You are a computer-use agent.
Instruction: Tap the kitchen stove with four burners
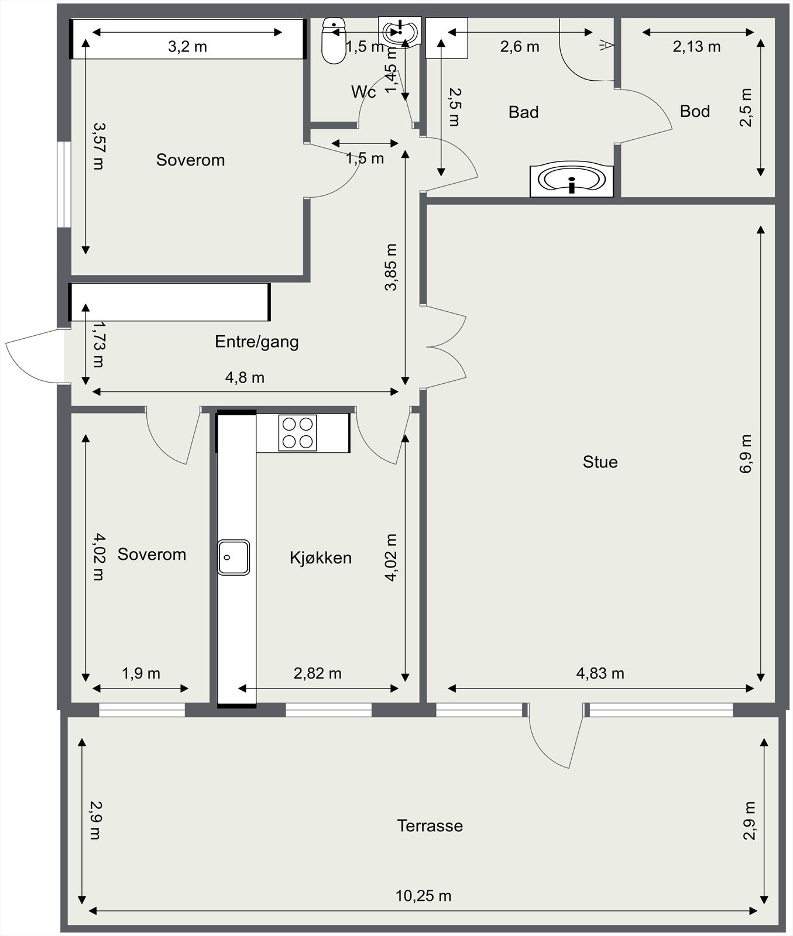(297, 432)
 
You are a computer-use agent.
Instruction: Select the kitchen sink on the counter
(234, 557)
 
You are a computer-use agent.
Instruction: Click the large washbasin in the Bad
(571, 180)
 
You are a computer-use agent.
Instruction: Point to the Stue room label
(600, 462)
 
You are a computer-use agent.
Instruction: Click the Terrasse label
(430, 826)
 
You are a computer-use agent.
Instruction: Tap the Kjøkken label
(321, 558)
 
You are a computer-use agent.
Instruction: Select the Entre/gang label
(257, 342)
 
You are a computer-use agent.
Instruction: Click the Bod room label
(695, 111)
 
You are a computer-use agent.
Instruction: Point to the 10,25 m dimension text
(423, 896)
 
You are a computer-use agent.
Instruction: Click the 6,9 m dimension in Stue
(746, 454)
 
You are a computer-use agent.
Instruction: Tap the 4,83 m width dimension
(600, 673)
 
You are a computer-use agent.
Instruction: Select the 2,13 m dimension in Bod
(696, 46)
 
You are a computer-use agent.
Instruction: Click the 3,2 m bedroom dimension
(187, 46)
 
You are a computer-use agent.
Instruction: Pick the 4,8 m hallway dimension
(245, 378)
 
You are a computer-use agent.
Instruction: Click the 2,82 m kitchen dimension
(317, 673)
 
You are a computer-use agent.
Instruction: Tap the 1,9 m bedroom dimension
(140, 673)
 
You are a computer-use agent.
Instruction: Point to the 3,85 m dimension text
(391, 267)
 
